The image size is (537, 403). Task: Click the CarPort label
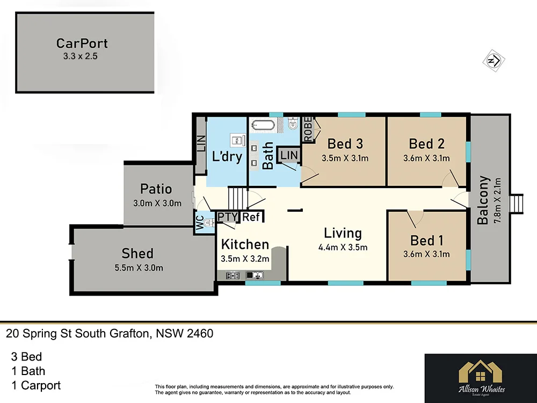tap(82, 43)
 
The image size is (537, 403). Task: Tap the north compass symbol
tap(493, 60)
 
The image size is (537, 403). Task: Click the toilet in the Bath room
tap(292, 125)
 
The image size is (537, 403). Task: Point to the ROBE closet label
tap(308, 129)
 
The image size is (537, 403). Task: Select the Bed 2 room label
tap(426, 143)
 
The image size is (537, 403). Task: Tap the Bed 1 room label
tap(426, 240)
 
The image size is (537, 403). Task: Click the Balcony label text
tap(483, 200)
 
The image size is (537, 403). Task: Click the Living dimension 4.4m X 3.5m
tap(344, 247)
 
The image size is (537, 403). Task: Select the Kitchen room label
tap(245, 244)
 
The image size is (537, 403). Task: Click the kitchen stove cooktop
tap(233, 276)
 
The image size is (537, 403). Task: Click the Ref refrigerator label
tap(251, 217)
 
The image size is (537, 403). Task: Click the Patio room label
tap(156, 189)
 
